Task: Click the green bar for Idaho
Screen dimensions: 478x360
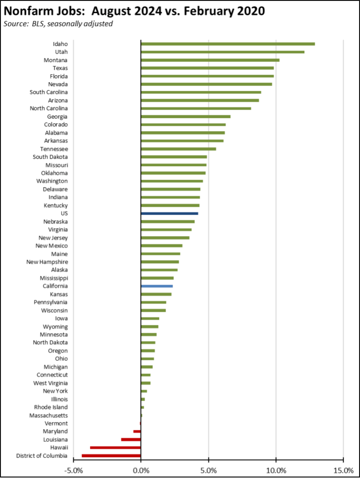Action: pos(228,44)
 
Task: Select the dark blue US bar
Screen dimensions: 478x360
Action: pos(169,213)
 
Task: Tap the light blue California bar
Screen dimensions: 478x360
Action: pos(157,286)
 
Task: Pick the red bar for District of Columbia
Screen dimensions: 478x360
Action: pos(111,456)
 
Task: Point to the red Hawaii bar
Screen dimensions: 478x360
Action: pos(115,448)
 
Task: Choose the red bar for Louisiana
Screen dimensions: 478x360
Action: pos(131,440)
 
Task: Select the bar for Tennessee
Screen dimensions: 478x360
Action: pos(178,149)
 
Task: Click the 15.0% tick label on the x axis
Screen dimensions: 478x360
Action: pos(343,469)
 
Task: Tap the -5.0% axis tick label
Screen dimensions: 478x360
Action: pos(73,469)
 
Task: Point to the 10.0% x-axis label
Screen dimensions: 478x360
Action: pos(276,469)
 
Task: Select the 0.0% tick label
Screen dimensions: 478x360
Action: pos(141,469)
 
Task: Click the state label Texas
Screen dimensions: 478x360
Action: pos(60,68)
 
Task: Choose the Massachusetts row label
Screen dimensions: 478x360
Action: pos(48,415)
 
